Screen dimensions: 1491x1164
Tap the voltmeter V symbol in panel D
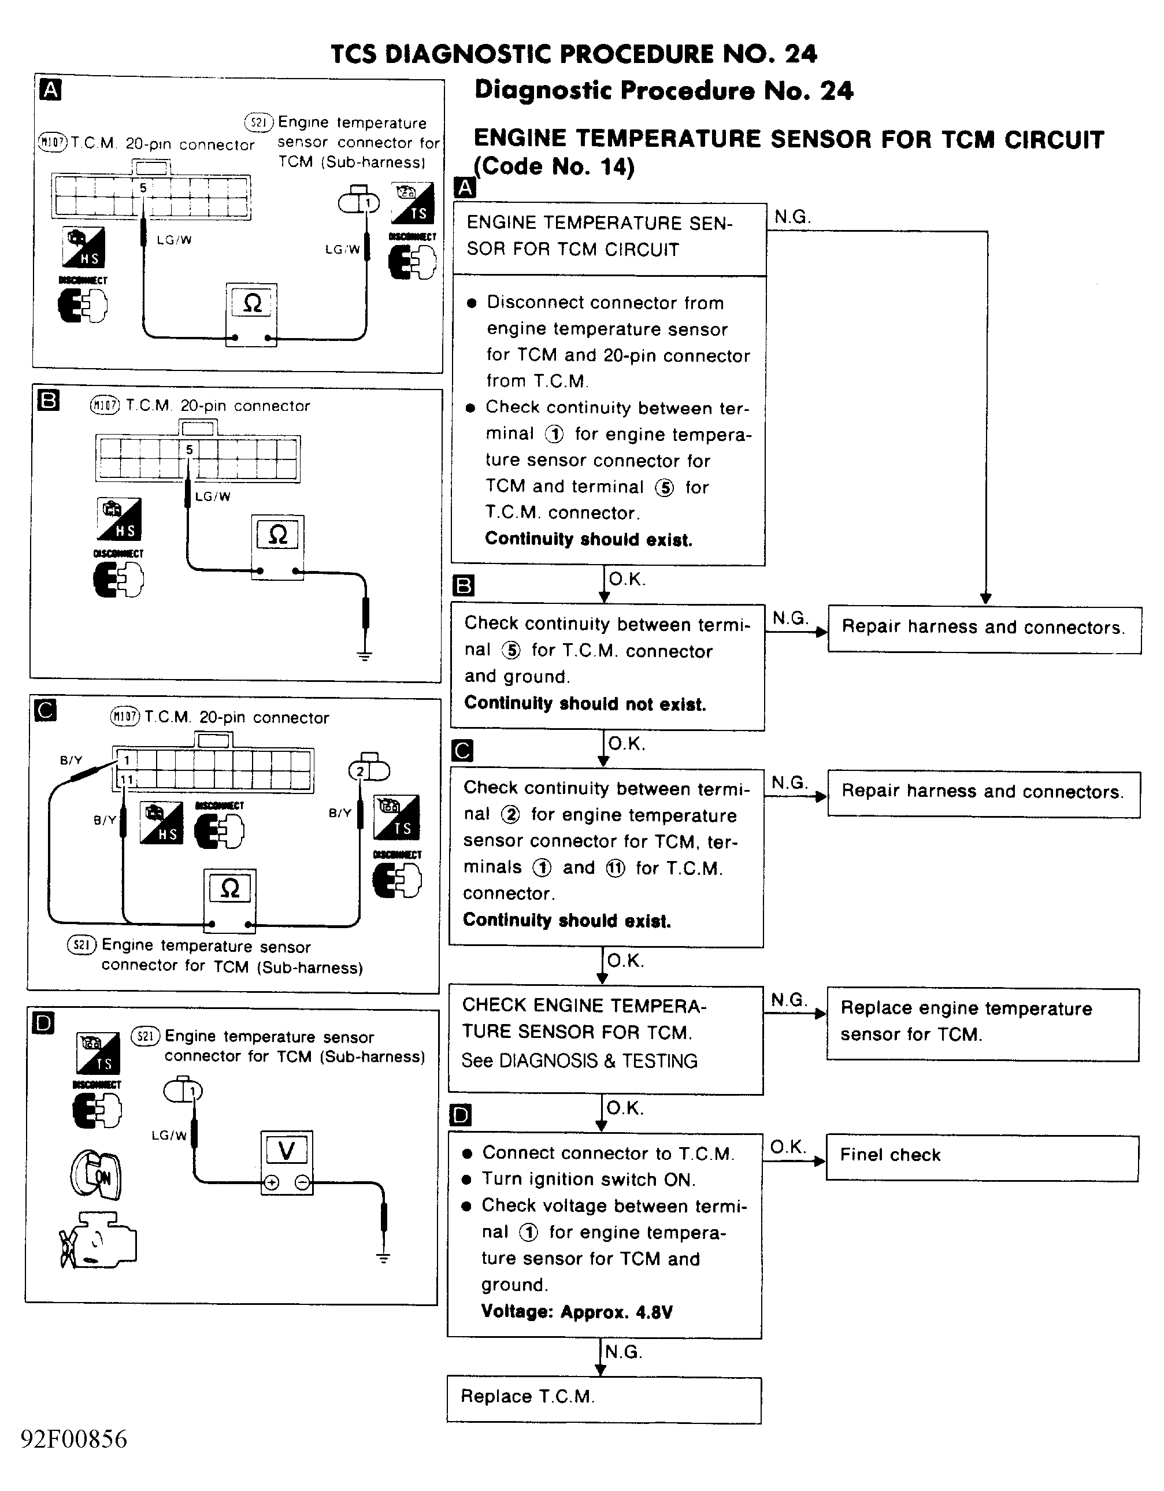pyautogui.click(x=287, y=1151)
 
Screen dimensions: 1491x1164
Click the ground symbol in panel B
pyautogui.click(x=365, y=656)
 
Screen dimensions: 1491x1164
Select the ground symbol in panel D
pyautogui.click(x=383, y=1257)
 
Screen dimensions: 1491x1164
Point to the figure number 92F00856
pyautogui.click(x=74, y=1439)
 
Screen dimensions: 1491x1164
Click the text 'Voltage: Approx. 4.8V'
pyautogui.click(x=577, y=1311)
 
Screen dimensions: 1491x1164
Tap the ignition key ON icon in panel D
pyautogui.click(x=97, y=1175)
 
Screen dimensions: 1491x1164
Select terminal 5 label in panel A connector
pyautogui.click(x=143, y=188)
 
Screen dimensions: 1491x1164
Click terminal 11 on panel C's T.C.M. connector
pyautogui.click(x=127, y=779)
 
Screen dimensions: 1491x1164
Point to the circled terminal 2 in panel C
pyautogui.click(x=361, y=772)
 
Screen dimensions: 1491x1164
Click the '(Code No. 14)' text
pyautogui.click(x=554, y=166)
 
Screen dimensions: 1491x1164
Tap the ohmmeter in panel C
pyautogui.click(x=230, y=900)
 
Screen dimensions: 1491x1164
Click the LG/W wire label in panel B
pyautogui.click(x=212, y=496)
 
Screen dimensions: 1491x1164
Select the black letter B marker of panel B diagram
pyautogui.click(x=49, y=400)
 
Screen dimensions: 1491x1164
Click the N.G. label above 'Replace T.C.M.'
pyautogui.click(x=623, y=1352)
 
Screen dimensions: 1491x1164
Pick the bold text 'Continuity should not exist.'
pyautogui.click(x=585, y=704)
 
